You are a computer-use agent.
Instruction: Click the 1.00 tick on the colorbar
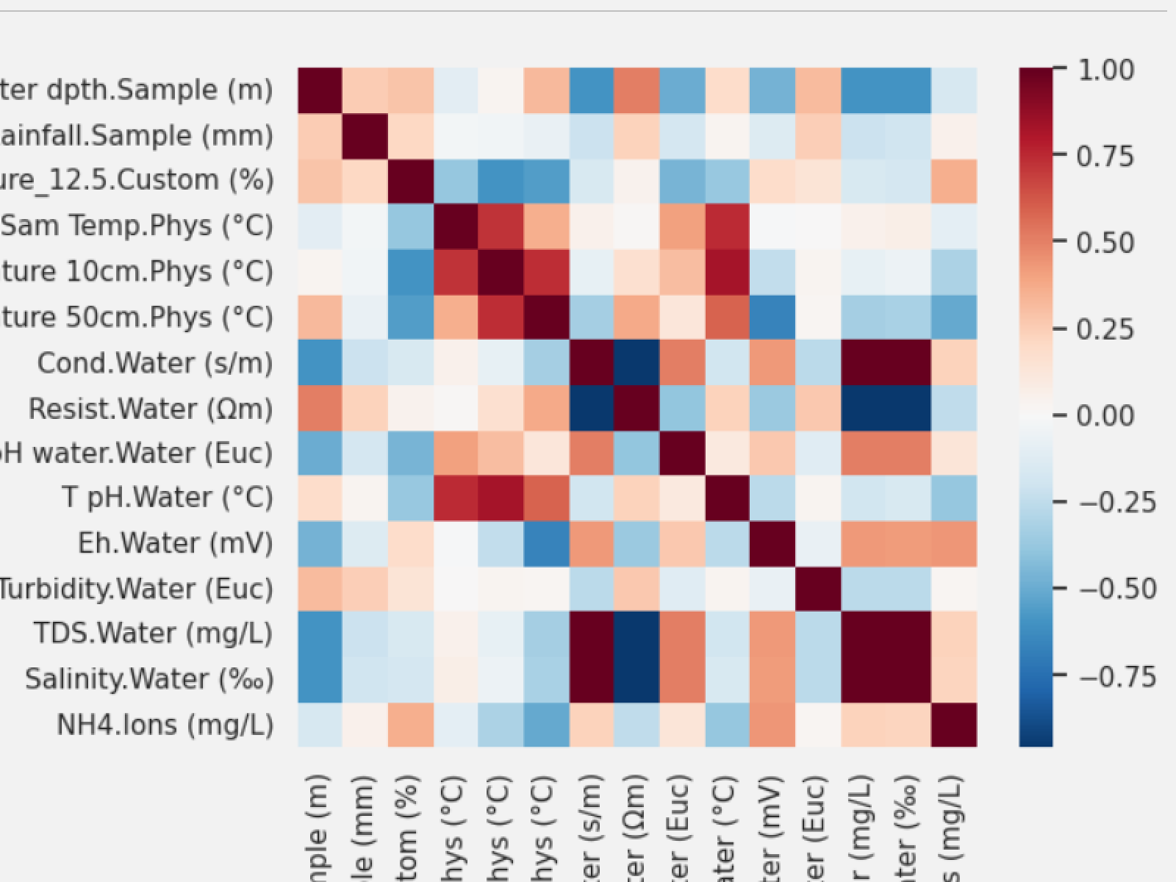coord(1105,71)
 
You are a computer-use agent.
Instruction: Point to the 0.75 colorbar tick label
coord(1105,157)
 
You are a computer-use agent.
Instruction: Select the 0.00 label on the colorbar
coord(1105,416)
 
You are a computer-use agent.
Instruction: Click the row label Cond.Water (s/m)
coord(155,363)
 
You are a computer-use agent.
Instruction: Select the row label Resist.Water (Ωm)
coord(151,409)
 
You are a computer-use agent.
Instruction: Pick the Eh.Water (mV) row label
coord(176,544)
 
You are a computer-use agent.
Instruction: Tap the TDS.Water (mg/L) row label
coord(154,634)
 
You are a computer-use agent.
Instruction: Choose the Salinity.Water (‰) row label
coord(149,679)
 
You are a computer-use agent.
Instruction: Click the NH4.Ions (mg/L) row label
coord(165,725)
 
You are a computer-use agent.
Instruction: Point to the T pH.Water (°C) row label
coord(168,498)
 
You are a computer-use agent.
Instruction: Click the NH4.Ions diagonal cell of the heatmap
coord(954,725)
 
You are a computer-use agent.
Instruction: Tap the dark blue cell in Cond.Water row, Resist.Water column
coord(637,362)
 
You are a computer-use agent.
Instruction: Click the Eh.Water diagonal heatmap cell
coord(772,543)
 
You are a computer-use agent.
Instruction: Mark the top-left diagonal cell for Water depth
coord(320,90)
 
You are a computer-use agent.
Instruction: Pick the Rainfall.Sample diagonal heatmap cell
coord(365,136)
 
